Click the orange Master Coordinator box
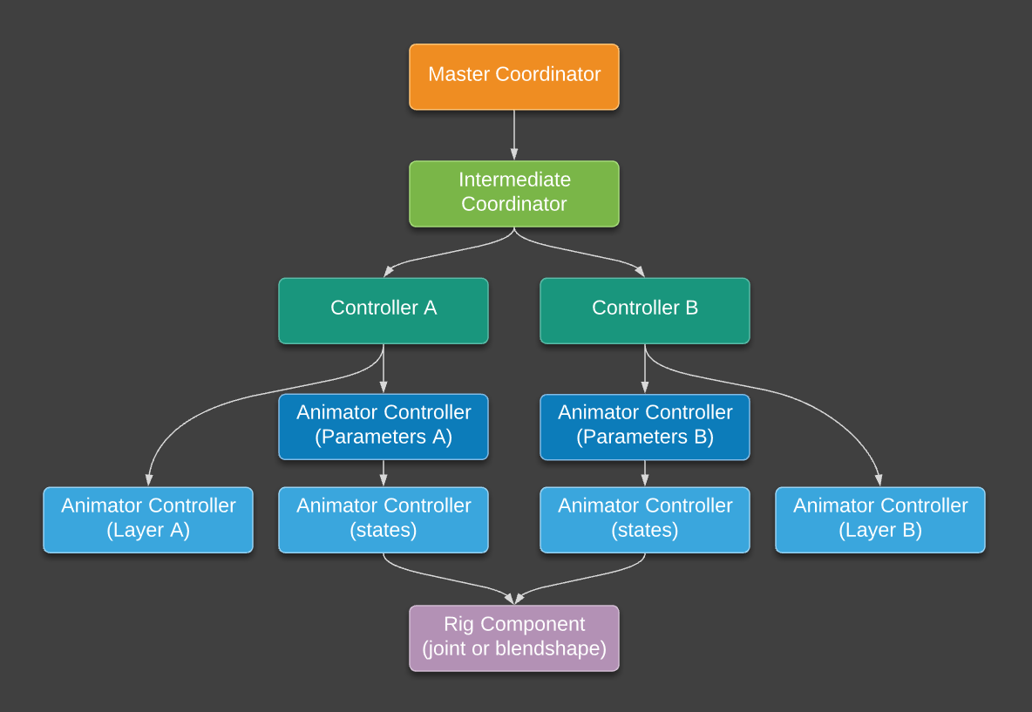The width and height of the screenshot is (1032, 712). click(x=514, y=77)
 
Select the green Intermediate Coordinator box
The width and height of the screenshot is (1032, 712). click(x=514, y=193)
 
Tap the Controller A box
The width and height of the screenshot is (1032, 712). click(x=384, y=310)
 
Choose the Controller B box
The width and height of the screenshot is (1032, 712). click(x=645, y=310)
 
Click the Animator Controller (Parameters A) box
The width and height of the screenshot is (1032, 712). click(x=384, y=426)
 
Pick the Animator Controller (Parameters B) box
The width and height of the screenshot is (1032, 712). click(x=645, y=426)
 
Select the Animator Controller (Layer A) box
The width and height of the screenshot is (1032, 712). click(x=148, y=519)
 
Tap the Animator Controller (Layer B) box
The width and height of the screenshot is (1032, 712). click(x=880, y=519)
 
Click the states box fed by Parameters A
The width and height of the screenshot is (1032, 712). click(x=384, y=519)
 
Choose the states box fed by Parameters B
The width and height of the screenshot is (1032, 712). click(x=645, y=519)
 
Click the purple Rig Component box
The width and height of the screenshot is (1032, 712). click(x=514, y=638)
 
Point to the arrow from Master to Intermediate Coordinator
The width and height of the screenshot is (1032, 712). click(x=514, y=135)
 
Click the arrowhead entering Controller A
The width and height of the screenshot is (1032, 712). click(x=389, y=271)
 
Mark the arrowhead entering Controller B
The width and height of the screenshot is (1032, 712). click(x=640, y=271)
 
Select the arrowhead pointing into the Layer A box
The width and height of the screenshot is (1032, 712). click(x=149, y=479)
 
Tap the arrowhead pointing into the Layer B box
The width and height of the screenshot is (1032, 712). click(x=879, y=479)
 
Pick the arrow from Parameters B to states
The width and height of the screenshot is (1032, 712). click(x=645, y=473)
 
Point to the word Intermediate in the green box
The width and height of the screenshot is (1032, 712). click(x=514, y=180)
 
